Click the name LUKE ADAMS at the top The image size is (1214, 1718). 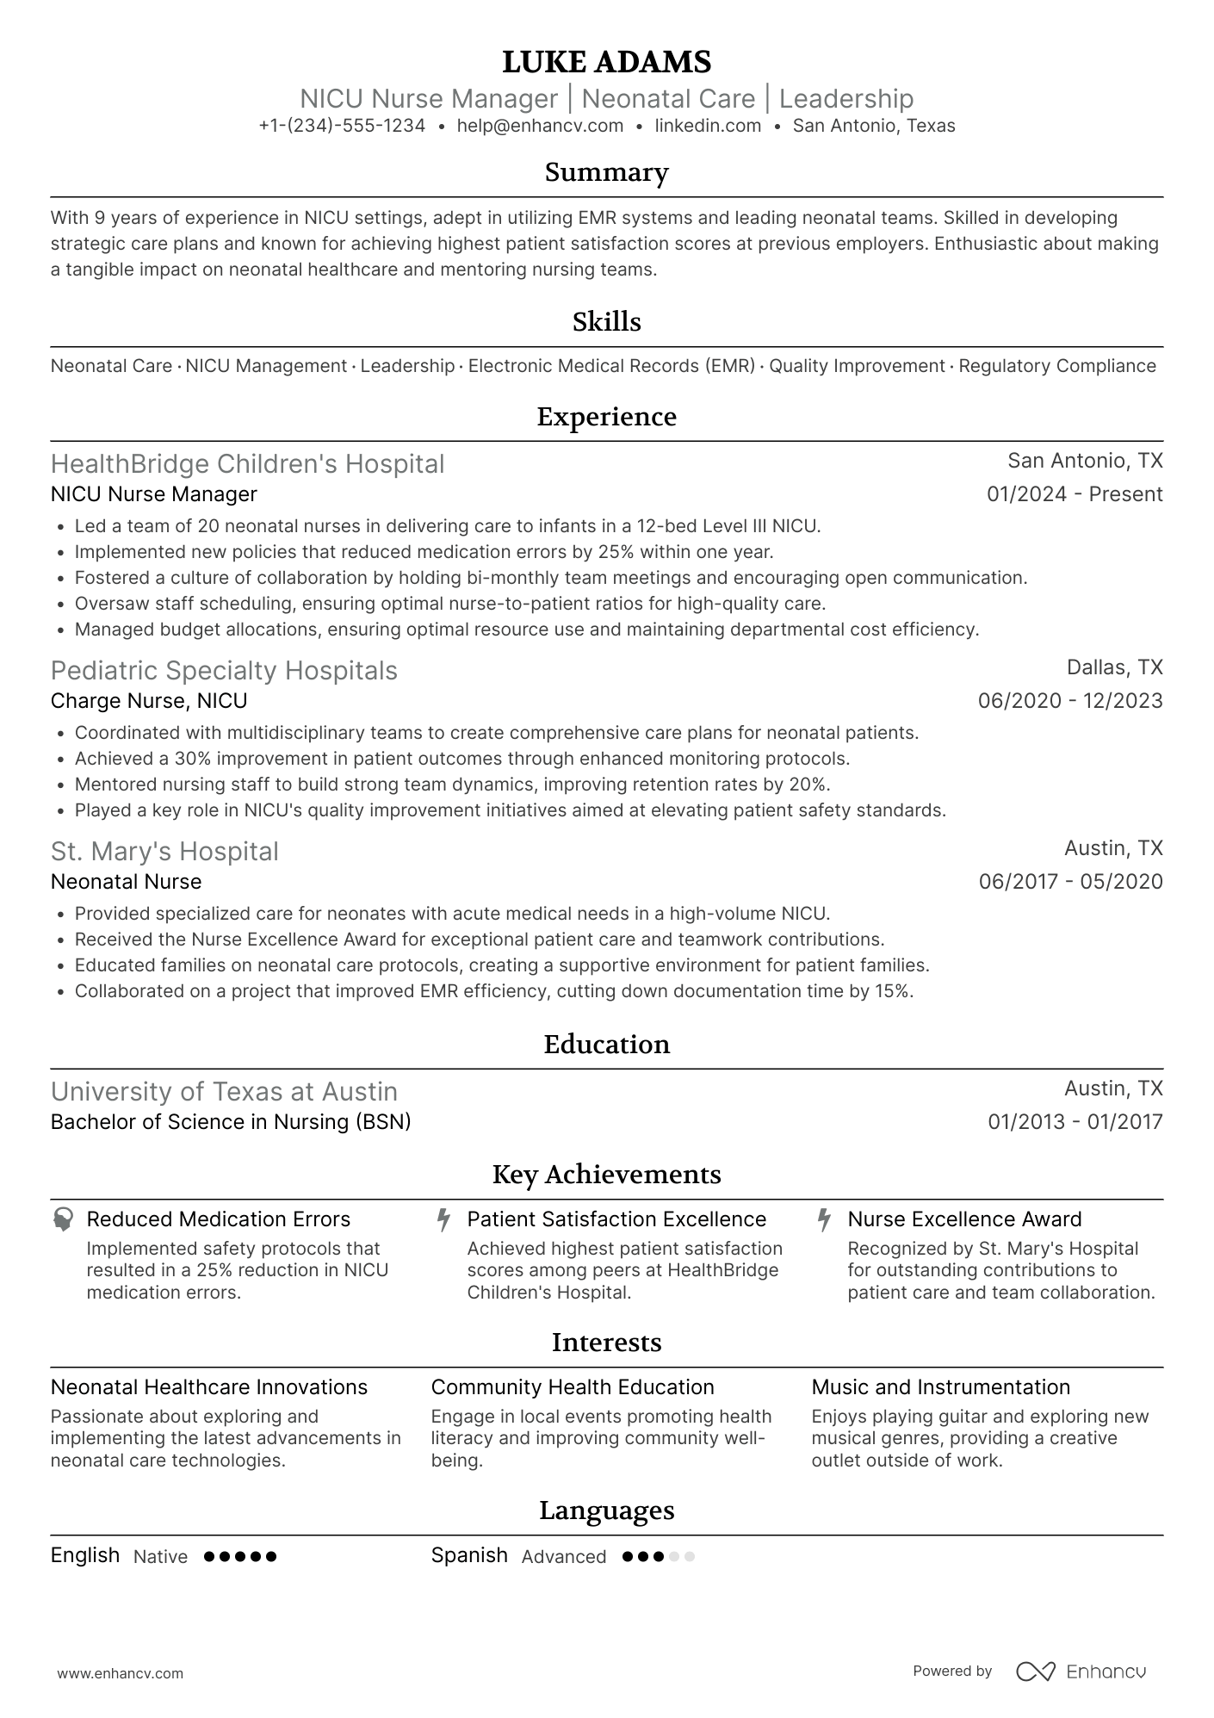(606, 62)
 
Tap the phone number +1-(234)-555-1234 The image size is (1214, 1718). (342, 126)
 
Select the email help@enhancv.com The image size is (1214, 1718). (540, 126)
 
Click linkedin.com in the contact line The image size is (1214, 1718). (708, 126)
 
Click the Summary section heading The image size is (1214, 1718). (606, 172)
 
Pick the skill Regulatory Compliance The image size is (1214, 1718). (1056, 366)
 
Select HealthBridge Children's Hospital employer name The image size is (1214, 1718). (247, 464)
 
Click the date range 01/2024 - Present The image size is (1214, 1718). (1075, 494)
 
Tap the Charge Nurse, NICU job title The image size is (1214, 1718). (149, 701)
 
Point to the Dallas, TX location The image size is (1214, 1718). (1114, 667)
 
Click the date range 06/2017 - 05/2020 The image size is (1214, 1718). (1070, 882)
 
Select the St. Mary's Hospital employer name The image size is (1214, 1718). (164, 852)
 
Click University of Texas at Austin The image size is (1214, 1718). (224, 1092)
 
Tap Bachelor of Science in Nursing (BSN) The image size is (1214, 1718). (231, 1122)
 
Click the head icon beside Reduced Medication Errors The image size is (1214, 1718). (63, 1219)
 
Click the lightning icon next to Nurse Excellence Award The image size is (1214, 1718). (824, 1219)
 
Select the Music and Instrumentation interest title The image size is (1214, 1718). (940, 1387)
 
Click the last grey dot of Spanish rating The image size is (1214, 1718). (689, 1557)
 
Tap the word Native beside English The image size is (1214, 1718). (160, 1557)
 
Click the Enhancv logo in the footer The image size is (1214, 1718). (1081, 1671)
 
